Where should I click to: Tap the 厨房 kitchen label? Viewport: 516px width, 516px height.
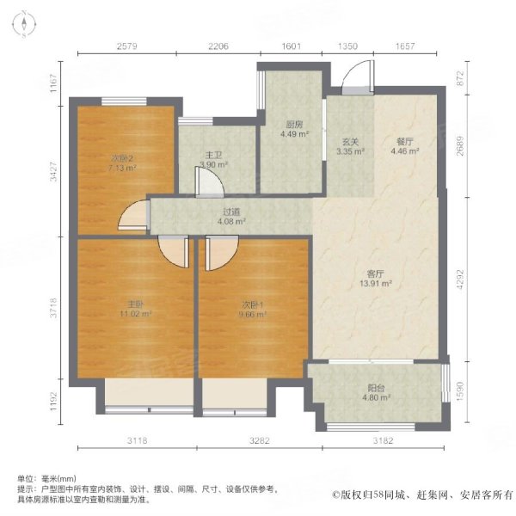(289, 123)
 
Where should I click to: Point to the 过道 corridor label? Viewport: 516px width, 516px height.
(227, 210)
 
